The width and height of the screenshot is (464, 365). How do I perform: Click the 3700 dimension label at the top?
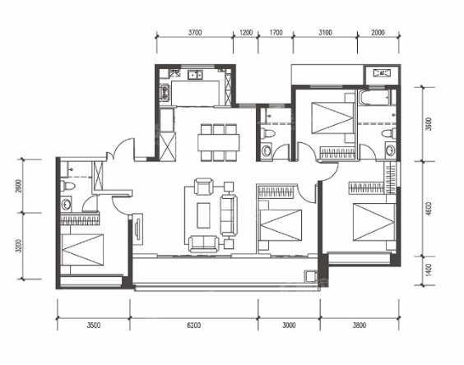[195, 32]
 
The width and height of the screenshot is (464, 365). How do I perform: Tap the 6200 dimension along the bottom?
[194, 326]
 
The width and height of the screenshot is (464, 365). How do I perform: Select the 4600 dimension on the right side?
[429, 209]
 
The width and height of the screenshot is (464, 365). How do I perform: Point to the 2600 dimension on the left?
[19, 186]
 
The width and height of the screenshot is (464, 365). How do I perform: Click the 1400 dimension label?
[429, 270]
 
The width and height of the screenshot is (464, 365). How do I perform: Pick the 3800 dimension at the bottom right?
[360, 326]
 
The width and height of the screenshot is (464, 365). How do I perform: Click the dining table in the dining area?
[219, 142]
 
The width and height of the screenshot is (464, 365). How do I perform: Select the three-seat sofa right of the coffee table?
[229, 215]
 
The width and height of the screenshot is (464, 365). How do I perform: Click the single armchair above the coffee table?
[203, 187]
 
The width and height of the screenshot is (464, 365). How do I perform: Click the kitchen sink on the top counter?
[195, 75]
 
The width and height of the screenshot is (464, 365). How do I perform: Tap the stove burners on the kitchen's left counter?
[165, 92]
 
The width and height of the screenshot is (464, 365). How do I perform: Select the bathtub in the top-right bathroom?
[374, 98]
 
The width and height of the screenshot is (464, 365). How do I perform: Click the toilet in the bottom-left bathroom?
[67, 186]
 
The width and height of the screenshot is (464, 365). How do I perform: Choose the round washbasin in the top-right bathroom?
[390, 150]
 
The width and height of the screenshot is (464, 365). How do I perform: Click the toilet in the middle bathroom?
[268, 132]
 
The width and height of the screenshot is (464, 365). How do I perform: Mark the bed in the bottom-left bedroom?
[82, 250]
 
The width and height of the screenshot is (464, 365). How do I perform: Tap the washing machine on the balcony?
[311, 276]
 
